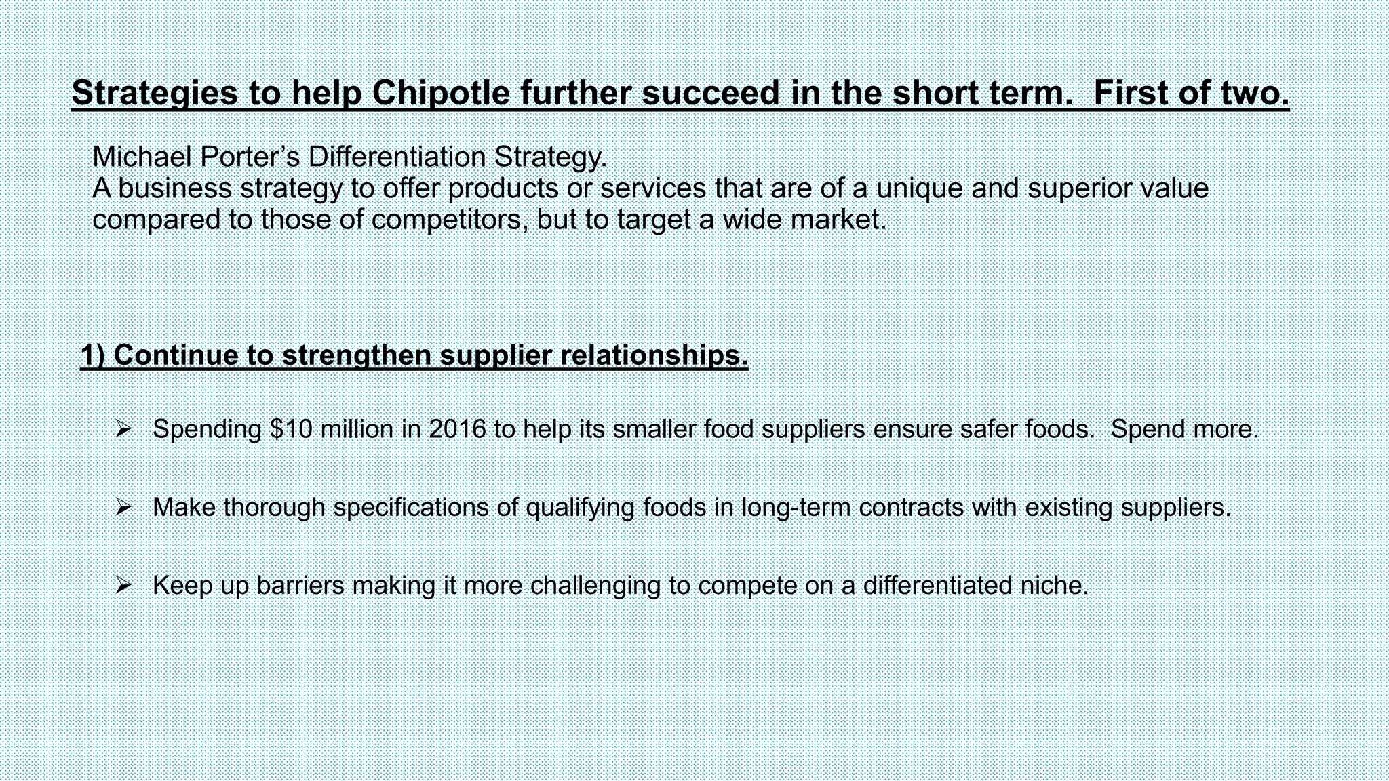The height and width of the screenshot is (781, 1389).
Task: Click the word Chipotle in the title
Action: pyautogui.click(x=440, y=93)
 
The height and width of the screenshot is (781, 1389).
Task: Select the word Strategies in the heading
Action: pyautogui.click(x=155, y=93)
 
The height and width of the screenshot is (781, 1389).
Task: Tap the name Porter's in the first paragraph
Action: pyautogui.click(x=250, y=157)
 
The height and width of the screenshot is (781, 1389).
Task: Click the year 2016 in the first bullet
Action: pyautogui.click(x=457, y=429)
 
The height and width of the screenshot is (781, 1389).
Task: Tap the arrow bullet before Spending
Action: pyautogui.click(x=123, y=429)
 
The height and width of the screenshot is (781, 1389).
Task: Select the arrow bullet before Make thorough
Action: pyautogui.click(x=123, y=507)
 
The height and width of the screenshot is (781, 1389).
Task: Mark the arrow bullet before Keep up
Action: pyautogui.click(x=123, y=585)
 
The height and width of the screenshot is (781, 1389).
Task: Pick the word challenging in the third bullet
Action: pyautogui.click(x=595, y=585)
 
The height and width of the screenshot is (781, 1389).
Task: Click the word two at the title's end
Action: pyautogui.click(x=1255, y=93)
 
